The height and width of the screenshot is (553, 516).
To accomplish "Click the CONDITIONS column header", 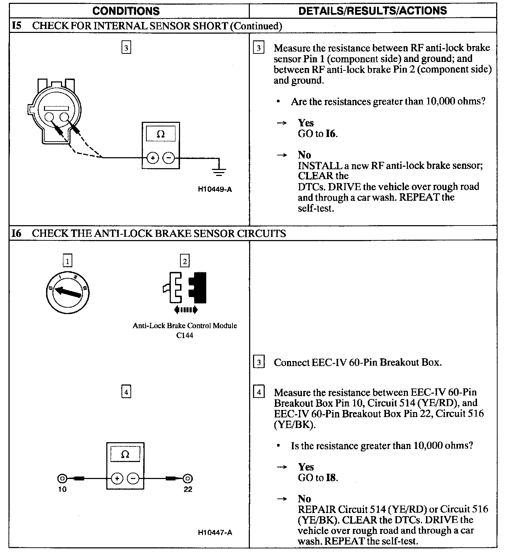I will coord(126,11).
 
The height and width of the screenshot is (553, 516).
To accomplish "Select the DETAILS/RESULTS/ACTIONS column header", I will coord(372,11).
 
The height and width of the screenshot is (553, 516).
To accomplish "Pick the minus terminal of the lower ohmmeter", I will coord(133,479).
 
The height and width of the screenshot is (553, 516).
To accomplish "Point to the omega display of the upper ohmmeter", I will coord(161,134).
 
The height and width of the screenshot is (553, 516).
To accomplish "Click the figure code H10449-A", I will coord(215,189).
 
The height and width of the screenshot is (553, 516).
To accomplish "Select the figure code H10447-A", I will coord(215,532).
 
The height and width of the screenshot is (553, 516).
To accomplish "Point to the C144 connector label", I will coord(185,335).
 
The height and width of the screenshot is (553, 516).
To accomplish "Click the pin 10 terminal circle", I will coord(62,479).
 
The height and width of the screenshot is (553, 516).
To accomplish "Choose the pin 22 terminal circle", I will coord(188,479).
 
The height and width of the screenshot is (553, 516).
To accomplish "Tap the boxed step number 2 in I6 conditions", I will coord(185,262).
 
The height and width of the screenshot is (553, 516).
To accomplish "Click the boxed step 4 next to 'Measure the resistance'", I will coord(259,392).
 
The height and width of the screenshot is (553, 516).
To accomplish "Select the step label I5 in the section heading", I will coord(17,26).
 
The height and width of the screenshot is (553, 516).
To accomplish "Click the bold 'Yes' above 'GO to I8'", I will coord(306,467).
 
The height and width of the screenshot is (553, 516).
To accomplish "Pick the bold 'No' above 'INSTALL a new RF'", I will coord(304,155).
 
